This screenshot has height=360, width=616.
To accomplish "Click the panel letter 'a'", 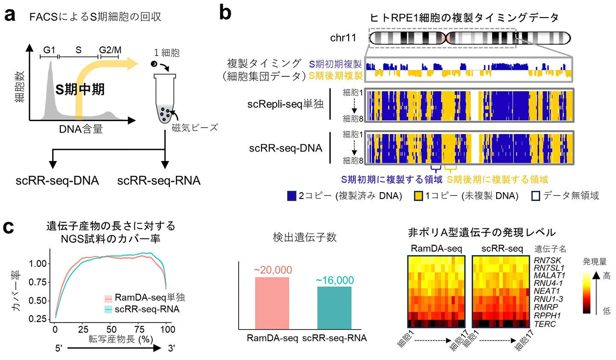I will click(x=9, y=15).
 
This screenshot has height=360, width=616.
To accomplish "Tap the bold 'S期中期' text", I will click(x=80, y=89).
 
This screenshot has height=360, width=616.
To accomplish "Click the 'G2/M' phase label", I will click(x=110, y=50).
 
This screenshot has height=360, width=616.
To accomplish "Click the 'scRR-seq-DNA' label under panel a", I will click(x=57, y=181).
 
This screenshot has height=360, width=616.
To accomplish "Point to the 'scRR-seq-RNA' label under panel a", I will click(x=159, y=181).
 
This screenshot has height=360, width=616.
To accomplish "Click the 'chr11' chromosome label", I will click(x=343, y=38).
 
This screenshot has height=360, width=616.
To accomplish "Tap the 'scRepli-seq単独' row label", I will click(x=285, y=104).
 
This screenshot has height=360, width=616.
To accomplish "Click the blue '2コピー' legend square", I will click(x=292, y=196).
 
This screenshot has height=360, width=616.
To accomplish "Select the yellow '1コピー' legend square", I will click(x=418, y=196).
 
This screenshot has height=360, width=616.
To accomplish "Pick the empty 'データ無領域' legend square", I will click(x=536, y=196).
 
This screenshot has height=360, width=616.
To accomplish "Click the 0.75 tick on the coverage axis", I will click(x=38, y=282).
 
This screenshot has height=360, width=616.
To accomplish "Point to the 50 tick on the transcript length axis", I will click(x=111, y=329).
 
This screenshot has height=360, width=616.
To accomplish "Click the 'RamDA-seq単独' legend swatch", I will click(x=108, y=298).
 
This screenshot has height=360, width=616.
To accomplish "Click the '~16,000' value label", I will click(x=335, y=280).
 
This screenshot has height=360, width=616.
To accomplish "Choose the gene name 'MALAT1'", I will click(x=549, y=276).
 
